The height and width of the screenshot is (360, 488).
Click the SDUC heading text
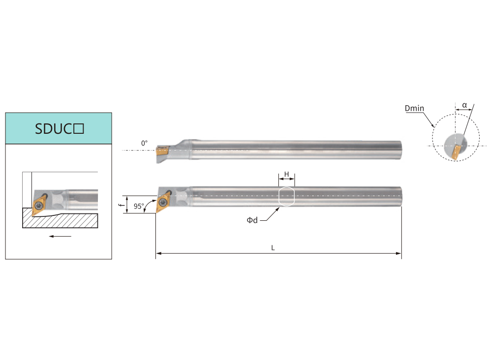point(59,129)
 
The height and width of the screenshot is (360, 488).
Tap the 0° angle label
point(145,143)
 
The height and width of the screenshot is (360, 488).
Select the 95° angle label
point(139,206)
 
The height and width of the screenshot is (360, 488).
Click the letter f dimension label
point(122,205)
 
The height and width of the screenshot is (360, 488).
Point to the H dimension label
point(287,174)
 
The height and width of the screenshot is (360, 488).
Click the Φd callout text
point(252,220)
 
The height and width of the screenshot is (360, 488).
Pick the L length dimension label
point(273,248)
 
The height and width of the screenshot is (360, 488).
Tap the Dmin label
point(414,108)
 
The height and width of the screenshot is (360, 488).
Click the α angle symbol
point(464,105)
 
